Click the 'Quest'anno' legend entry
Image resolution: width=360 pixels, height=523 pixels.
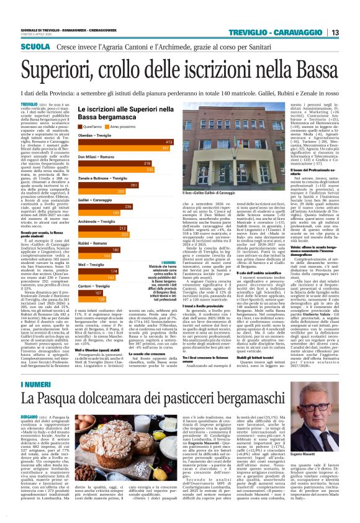tap(90, 126)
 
